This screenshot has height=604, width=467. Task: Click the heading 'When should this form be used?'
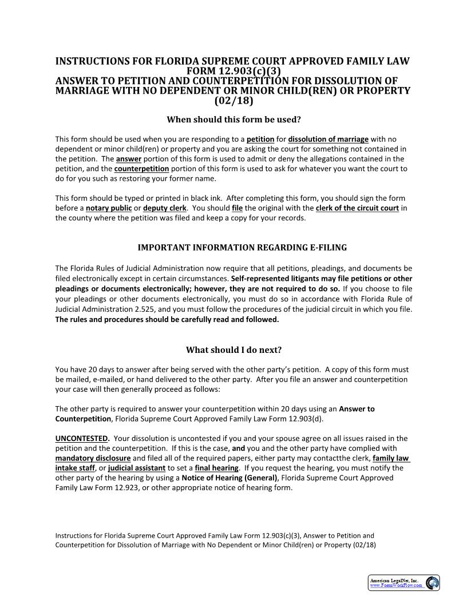pos(233,120)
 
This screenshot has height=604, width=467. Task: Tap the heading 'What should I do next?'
pos(233,349)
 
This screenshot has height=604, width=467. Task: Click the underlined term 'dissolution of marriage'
pos(329,139)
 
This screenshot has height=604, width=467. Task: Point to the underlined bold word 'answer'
pos(128,159)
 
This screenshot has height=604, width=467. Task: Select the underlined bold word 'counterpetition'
pos(141,169)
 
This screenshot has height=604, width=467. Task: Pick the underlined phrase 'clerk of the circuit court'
pos(357,208)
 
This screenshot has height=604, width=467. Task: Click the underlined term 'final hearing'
pos(216,468)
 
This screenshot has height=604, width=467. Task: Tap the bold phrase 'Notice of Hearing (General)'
pos(229,478)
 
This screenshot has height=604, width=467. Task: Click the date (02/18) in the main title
pos(233,101)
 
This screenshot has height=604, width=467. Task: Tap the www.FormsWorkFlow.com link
pos(396,586)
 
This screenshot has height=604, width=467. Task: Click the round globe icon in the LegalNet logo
pos(432,583)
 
